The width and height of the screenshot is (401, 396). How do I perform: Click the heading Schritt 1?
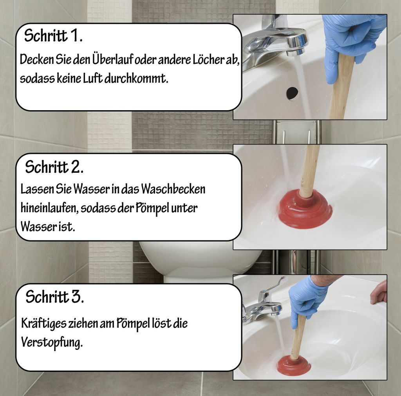click(x=53, y=36)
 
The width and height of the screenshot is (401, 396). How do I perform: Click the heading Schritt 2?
click(x=54, y=167)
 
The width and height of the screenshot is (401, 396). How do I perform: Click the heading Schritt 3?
click(x=54, y=297)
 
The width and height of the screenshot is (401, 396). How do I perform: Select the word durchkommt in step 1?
click(x=141, y=78)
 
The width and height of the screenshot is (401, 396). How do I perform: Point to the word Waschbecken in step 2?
click(x=173, y=189)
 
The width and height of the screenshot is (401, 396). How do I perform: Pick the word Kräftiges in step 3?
click(x=43, y=324)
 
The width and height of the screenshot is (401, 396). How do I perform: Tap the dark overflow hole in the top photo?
click(x=292, y=93)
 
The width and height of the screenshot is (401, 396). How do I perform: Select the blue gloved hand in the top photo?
click(x=350, y=37)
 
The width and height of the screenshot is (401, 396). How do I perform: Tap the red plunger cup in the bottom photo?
click(x=294, y=366)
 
